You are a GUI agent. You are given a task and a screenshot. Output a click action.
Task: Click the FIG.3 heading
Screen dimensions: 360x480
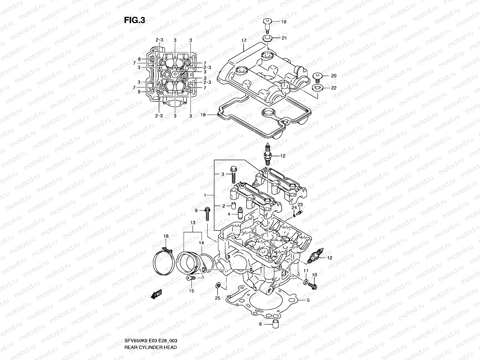(134, 20)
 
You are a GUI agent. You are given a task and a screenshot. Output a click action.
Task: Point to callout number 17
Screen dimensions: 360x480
(243, 40)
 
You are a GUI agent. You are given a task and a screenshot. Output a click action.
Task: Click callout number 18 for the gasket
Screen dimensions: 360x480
(203, 115)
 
